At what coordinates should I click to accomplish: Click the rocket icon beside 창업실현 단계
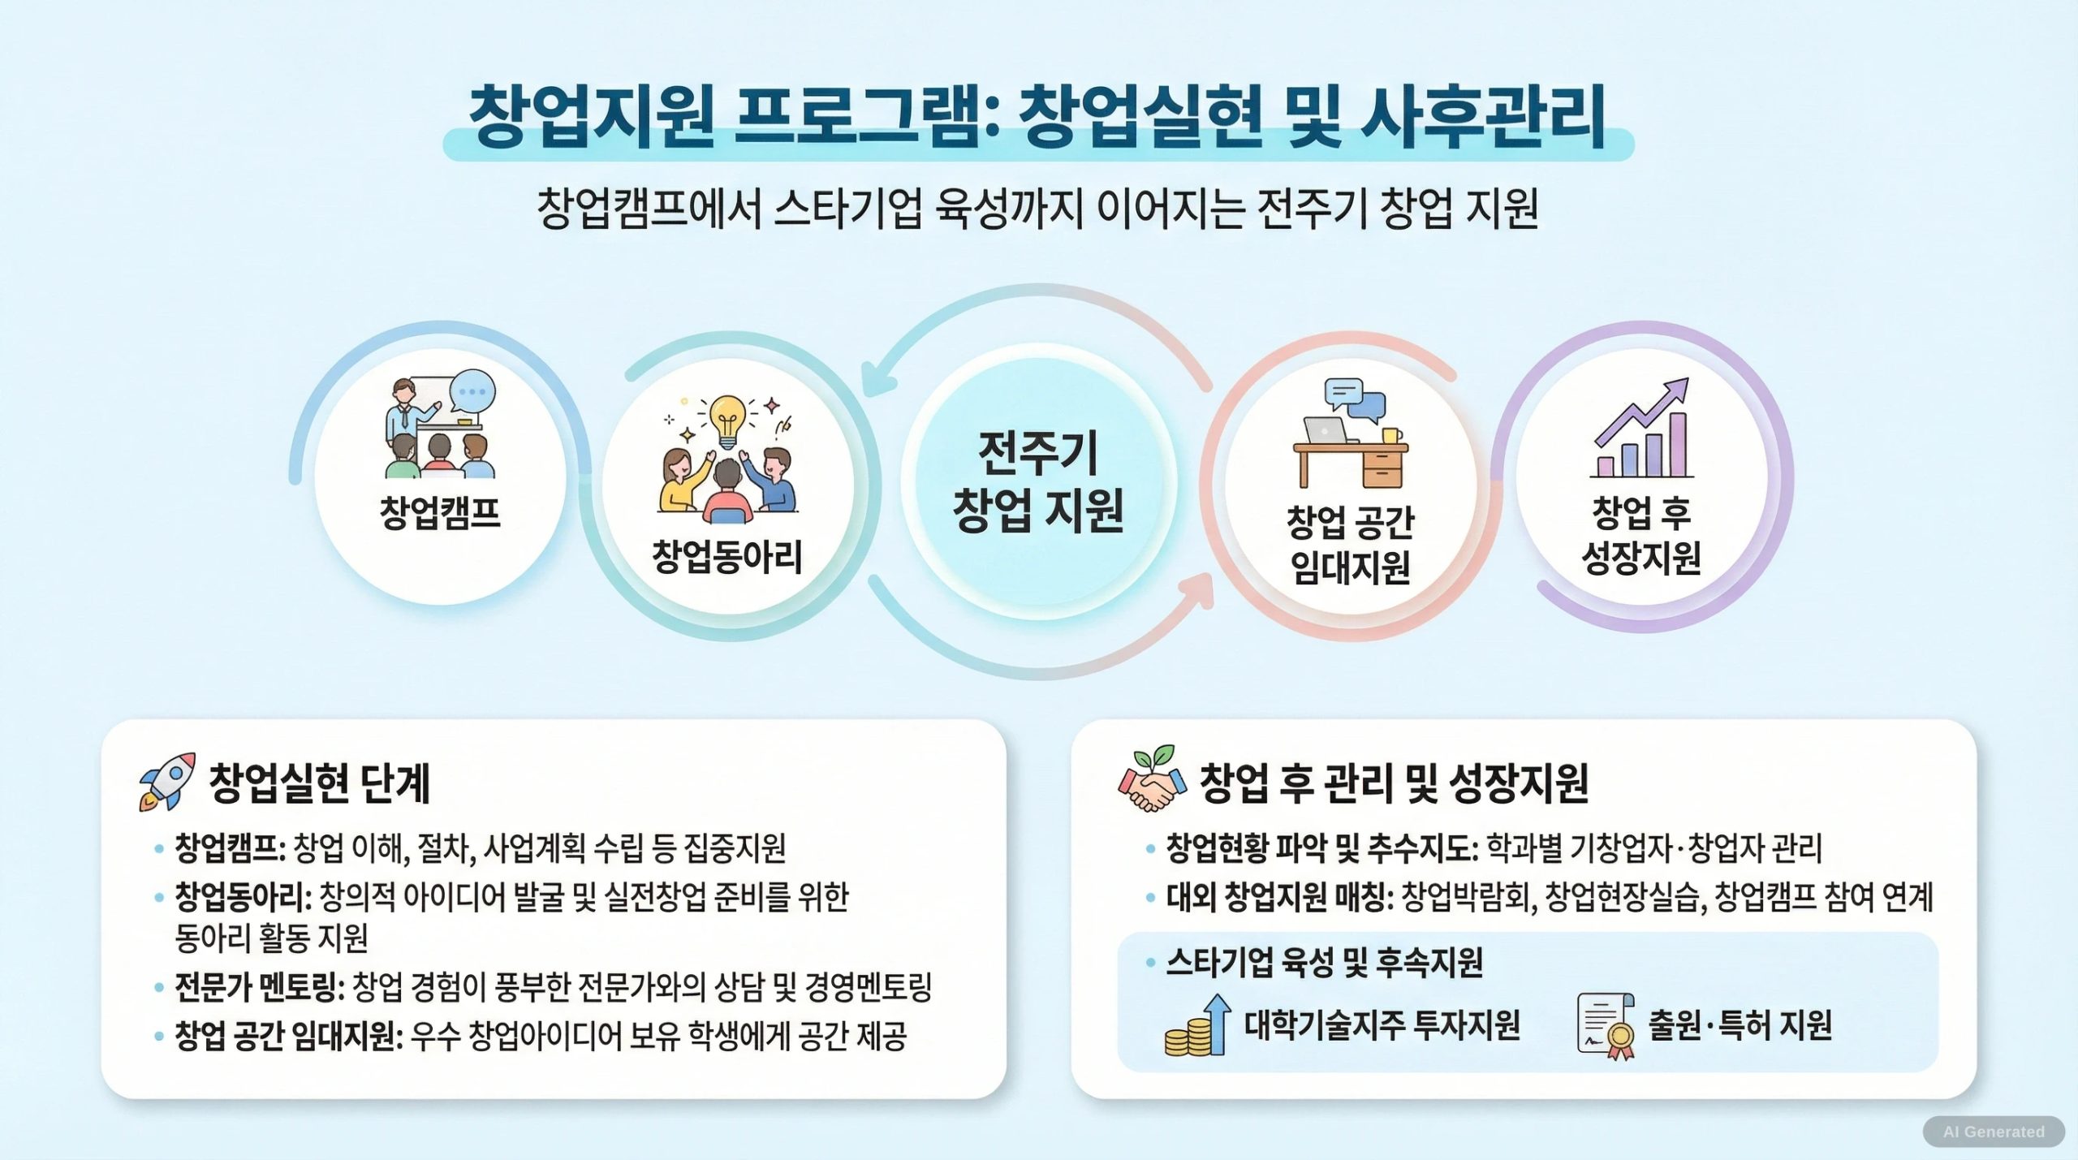point(167,781)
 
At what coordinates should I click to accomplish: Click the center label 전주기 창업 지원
point(1038,481)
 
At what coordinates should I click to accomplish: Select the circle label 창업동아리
point(727,557)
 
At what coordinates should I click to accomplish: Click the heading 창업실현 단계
point(320,783)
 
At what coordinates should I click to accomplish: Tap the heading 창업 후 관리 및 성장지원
point(1394,783)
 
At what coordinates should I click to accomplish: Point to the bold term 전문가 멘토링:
point(260,987)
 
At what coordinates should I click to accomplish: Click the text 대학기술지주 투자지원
point(1382,1024)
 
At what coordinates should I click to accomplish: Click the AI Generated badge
point(1994,1132)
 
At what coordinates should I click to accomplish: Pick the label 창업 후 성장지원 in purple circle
point(1642,535)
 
